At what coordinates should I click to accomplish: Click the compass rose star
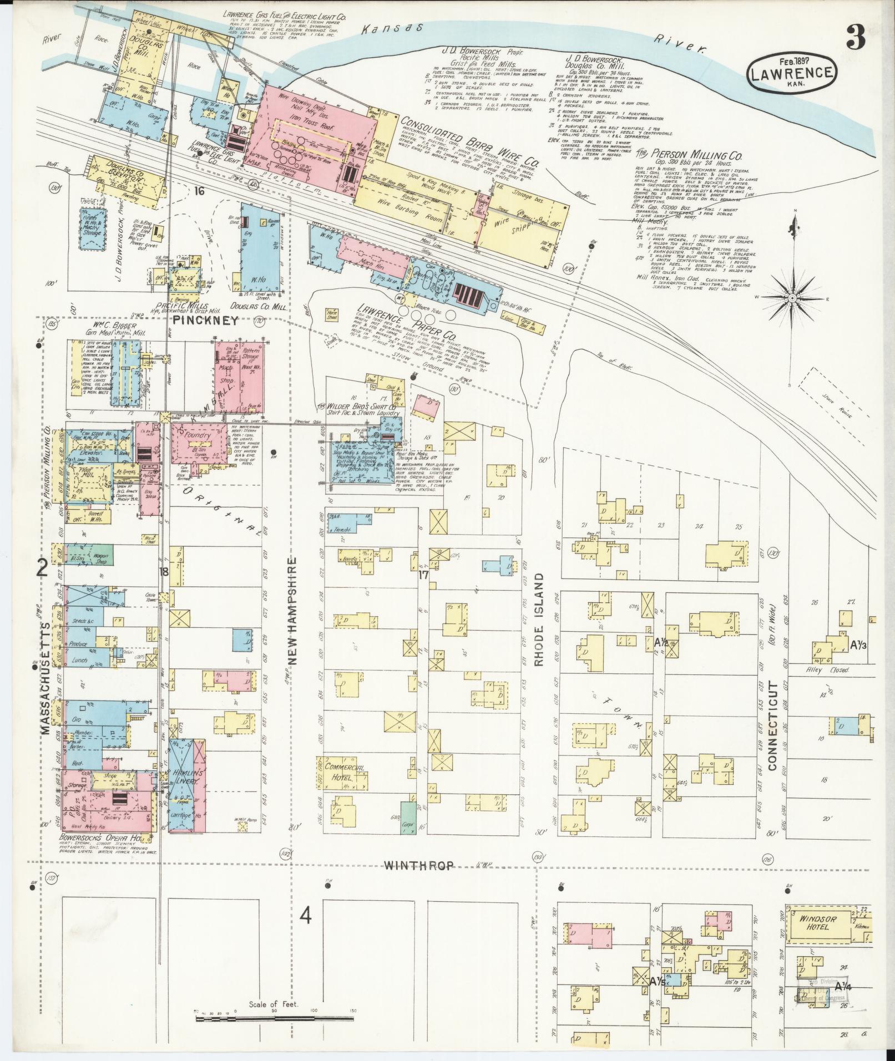pos(792,298)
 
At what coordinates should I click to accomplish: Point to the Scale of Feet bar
pos(274,1019)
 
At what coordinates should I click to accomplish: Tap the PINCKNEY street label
pos(205,320)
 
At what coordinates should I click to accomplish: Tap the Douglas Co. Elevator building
pos(125,175)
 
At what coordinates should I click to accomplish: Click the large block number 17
pos(424,575)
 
